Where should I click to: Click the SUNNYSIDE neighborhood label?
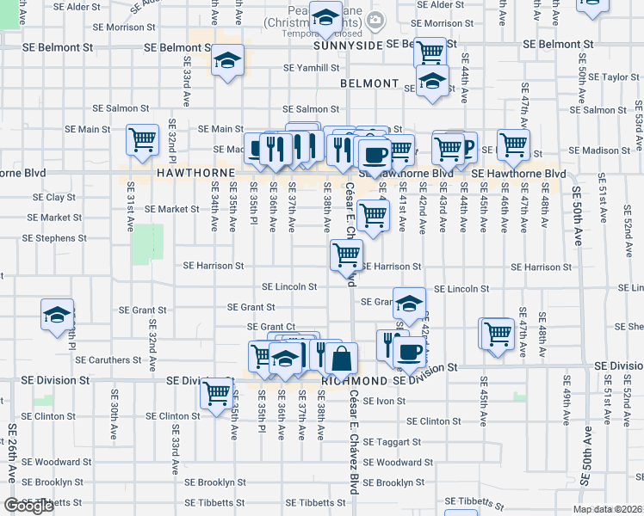pyautogui.click(x=347, y=45)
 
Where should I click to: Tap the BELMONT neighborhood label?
pyautogui.click(x=369, y=84)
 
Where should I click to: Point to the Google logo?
pyautogui.click(x=29, y=506)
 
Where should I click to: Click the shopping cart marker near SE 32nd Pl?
pyautogui.click(x=142, y=139)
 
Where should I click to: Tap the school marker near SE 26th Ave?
pyautogui.click(x=57, y=316)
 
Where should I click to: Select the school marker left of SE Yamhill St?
pyautogui.click(x=228, y=60)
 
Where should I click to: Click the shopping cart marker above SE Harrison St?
pyautogui.click(x=347, y=255)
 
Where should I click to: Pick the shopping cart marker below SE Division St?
pyautogui.click(x=216, y=394)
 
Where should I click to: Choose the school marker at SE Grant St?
pyautogui.click(x=410, y=303)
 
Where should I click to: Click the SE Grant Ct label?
pyautogui.click(x=271, y=327)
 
